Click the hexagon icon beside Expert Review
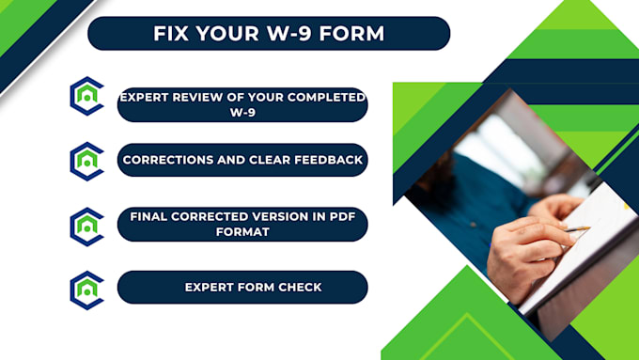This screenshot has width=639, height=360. pyautogui.click(x=86, y=95)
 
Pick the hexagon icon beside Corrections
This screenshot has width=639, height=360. pyautogui.click(x=86, y=161)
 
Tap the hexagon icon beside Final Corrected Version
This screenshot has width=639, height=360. pyautogui.click(x=86, y=227)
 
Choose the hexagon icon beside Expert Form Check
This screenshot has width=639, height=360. pyautogui.click(x=86, y=290)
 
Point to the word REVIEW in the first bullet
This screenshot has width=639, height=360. pyautogui.click(x=195, y=98)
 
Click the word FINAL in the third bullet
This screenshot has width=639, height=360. pyautogui.click(x=150, y=216)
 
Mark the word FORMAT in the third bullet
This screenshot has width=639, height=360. pyautogui.click(x=242, y=231)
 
